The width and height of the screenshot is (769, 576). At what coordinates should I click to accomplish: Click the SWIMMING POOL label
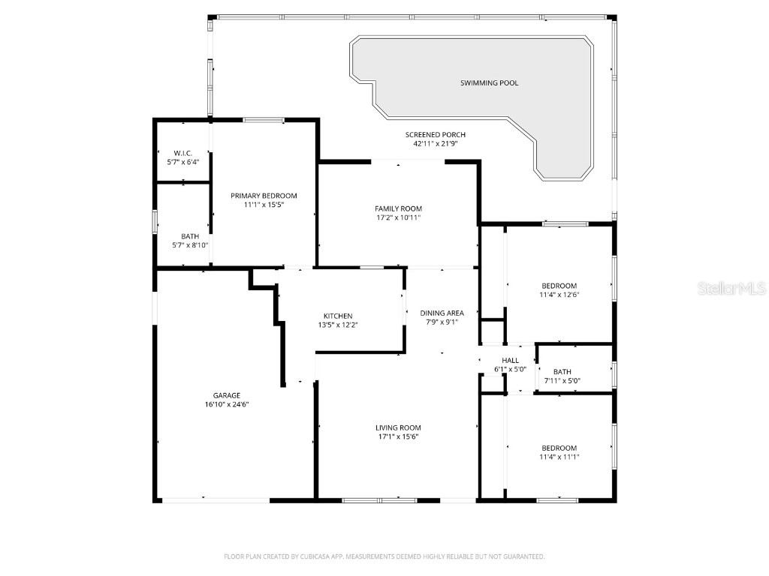point(489,83)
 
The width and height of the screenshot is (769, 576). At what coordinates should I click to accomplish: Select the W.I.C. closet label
point(183,153)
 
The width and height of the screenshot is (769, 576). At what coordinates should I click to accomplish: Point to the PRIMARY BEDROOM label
point(264,196)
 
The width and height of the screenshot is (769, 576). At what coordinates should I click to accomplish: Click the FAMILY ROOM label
point(398,208)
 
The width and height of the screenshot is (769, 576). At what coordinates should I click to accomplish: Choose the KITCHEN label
point(338,316)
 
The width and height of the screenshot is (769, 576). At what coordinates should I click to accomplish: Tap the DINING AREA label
point(442,313)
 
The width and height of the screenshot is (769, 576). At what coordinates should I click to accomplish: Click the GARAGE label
point(226,395)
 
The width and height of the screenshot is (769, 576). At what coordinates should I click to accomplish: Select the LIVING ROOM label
point(398,428)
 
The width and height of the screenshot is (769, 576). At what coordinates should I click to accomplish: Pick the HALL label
point(511,361)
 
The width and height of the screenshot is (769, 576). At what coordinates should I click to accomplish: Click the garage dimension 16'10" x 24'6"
point(226,404)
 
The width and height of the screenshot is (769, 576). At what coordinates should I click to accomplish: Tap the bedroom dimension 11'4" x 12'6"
point(559,294)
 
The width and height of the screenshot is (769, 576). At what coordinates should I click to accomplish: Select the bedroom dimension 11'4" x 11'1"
point(559,456)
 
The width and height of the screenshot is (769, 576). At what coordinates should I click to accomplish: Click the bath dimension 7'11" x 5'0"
point(562,380)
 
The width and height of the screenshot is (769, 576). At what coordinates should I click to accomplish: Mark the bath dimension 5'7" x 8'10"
point(190,244)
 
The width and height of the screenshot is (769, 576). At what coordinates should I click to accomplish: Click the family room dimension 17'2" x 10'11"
point(398,217)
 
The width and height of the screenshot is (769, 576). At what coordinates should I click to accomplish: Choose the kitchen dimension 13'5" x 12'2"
point(338,325)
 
